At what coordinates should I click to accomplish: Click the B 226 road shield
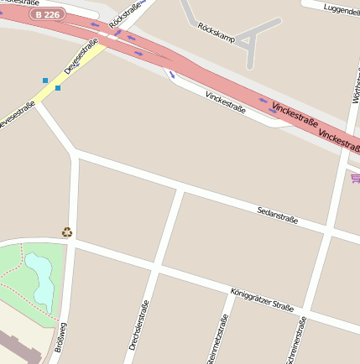[x=47, y=14]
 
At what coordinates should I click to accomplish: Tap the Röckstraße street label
[x=125, y=18]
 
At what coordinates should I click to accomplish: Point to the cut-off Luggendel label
[x=340, y=9]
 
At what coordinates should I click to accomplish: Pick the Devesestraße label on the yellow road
[x=81, y=56]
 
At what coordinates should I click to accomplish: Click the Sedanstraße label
[x=277, y=215]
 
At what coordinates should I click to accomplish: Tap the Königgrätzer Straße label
[x=261, y=300]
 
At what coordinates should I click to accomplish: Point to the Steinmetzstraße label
[x=217, y=342]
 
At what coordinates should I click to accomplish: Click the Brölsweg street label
[x=60, y=337]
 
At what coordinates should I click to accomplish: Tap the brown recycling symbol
[x=67, y=231]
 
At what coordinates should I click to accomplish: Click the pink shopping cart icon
[x=355, y=177]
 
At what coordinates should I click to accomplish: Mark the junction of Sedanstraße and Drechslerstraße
[x=181, y=191]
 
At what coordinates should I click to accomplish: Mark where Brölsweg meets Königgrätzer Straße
[x=71, y=242]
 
